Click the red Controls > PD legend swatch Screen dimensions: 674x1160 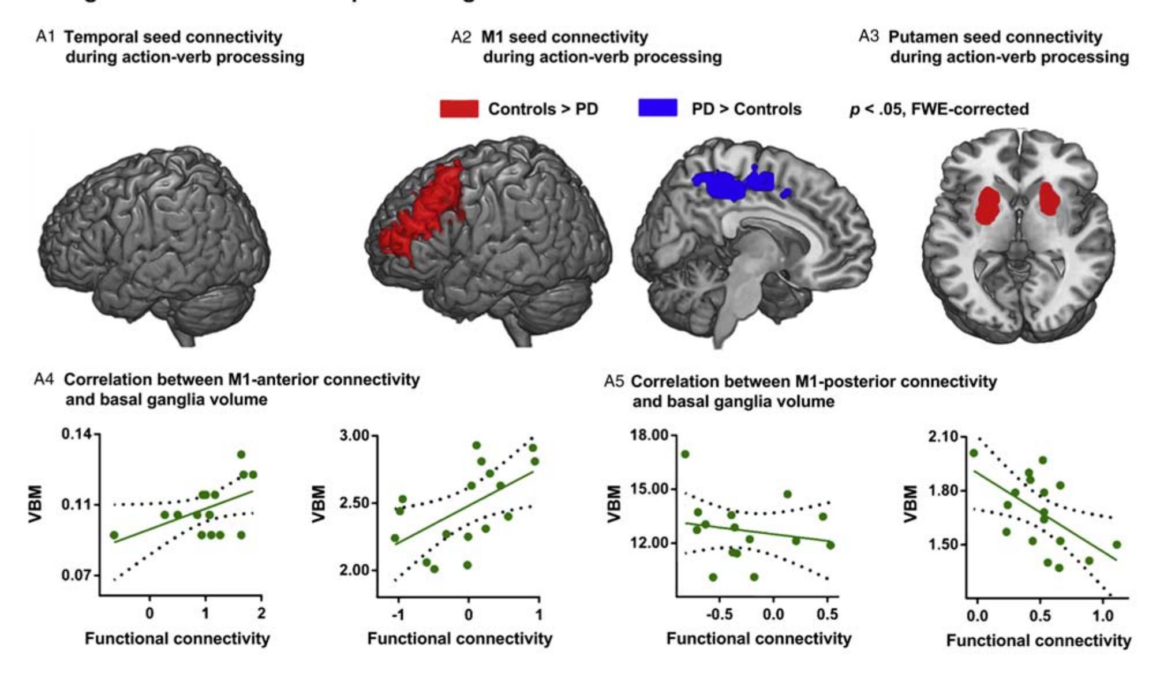pos(459,108)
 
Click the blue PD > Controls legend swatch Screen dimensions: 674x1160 pos(657,108)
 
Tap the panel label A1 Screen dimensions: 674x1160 pos(45,37)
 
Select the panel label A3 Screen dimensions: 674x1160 pos(869,37)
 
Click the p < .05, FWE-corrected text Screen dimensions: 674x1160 pos(939,109)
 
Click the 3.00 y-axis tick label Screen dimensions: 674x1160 pos(354,436)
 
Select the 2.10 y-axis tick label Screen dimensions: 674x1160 pos(944,437)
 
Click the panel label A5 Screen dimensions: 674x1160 pos(614,381)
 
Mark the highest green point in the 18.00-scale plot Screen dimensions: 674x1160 pos(685,454)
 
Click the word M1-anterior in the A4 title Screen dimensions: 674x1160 pos(274,380)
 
